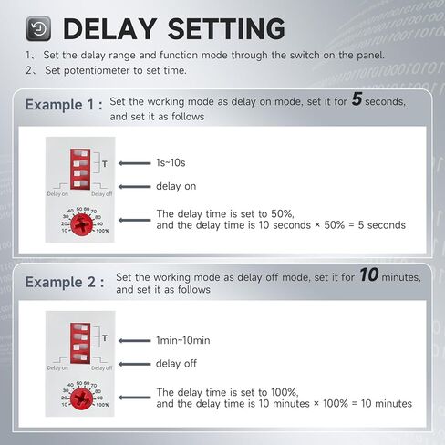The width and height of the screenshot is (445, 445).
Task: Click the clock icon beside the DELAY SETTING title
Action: (x=38, y=29)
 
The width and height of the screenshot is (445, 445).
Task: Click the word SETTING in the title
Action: (x=226, y=29)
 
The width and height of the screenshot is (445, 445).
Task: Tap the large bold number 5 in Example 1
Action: (x=357, y=98)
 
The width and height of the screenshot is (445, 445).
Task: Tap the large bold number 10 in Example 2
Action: (x=369, y=274)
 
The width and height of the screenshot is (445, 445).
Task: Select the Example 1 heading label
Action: (x=64, y=105)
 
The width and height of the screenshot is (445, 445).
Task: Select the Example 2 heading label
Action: (x=65, y=282)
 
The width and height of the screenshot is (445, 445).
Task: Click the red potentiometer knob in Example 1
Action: (x=81, y=224)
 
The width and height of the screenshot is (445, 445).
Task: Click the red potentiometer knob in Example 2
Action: (x=81, y=398)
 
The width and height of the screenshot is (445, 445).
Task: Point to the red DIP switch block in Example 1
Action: (x=80, y=169)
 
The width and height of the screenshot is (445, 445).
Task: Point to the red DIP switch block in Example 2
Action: (x=80, y=343)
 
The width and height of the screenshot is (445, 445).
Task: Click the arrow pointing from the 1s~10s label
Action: (x=134, y=163)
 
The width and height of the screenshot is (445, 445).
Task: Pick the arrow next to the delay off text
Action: (x=134, y=364)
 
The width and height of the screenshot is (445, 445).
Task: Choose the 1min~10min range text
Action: (x=183, y=340)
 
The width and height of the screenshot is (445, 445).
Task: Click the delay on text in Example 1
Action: (x=176, y=186)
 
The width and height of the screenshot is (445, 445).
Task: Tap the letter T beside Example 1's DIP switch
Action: (x=105, y=164)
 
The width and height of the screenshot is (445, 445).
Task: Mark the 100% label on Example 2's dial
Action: (x=102, y=405)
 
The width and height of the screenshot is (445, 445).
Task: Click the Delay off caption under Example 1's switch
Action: (x=102, y=194)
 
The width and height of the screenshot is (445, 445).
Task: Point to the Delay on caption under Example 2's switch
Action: (x=57, y=368)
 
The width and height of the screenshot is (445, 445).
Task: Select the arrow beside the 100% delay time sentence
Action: (x=134, y=398)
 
